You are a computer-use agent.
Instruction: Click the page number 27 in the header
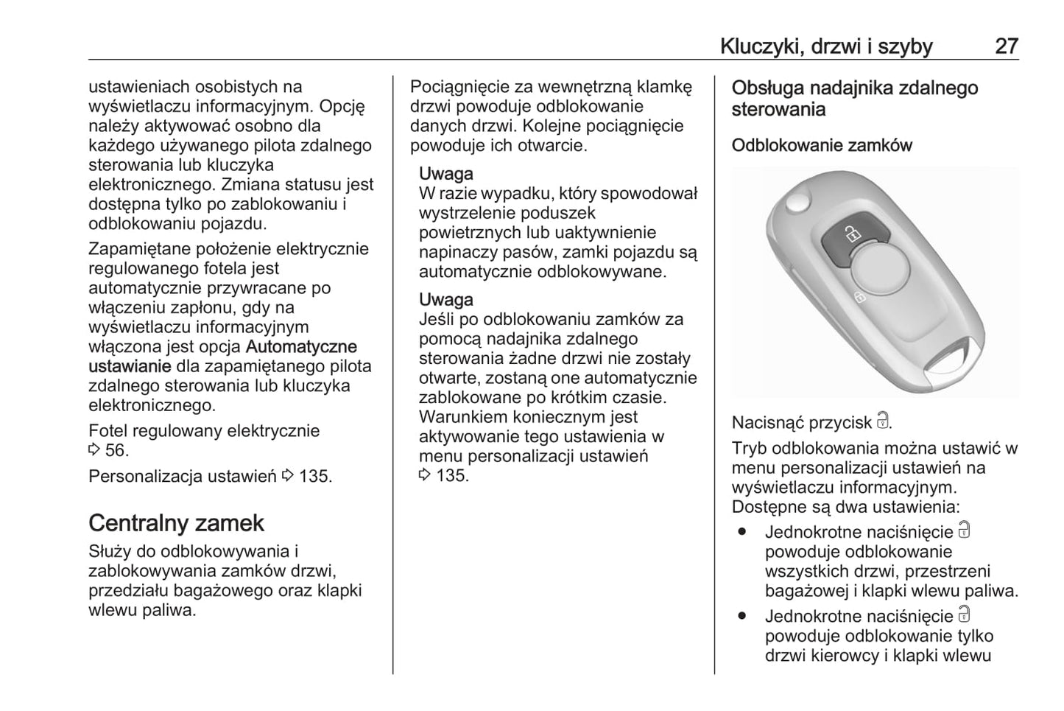(x=1007, y=46)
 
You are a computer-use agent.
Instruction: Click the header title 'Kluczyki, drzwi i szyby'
(x=826, y=46)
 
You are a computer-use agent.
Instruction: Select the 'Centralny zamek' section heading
(x=176, y=522)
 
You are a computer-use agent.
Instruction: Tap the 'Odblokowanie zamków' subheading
(x=822, y=145)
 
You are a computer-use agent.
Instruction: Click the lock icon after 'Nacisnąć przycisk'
(x=883, y=422)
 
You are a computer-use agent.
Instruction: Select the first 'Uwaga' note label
(x=445, y=174)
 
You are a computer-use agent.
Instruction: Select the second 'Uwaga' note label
(x=445, y=300)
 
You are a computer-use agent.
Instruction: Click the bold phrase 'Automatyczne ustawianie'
(x=222, y=356)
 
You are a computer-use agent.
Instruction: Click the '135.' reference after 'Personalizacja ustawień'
(x=315, y=476)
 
